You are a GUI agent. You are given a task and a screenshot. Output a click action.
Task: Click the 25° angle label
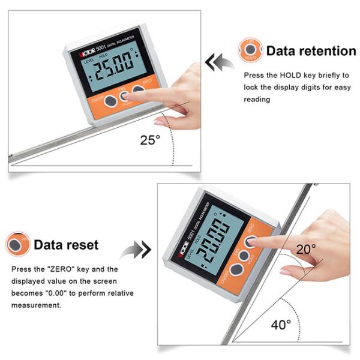click(150, 140)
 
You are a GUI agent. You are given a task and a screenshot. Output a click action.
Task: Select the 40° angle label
click(281, 325)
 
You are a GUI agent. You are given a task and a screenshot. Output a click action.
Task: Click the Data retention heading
click(311, 51)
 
